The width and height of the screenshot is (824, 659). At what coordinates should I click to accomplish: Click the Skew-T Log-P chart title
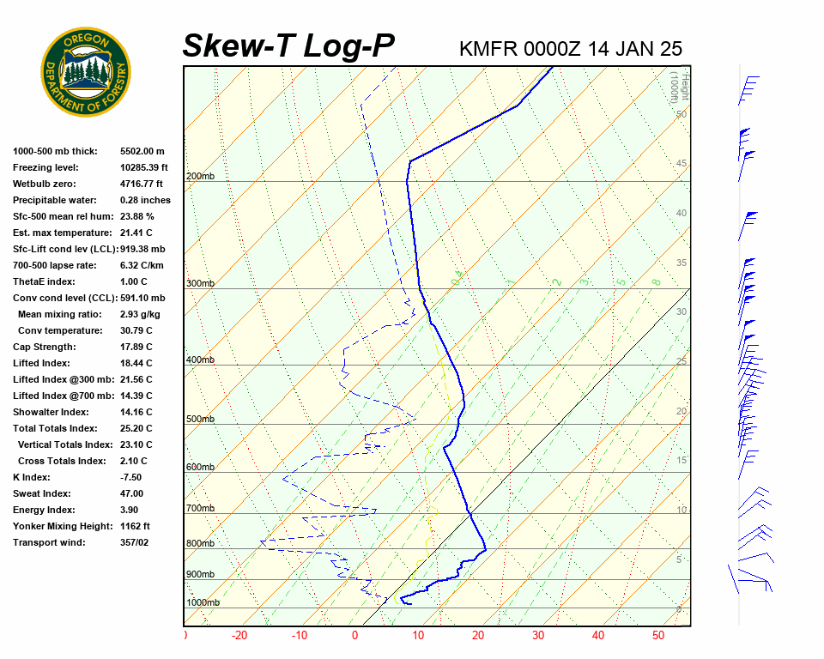click(x=288, y=46)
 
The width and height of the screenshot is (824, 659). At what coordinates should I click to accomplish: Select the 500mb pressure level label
click(x=200, y=419)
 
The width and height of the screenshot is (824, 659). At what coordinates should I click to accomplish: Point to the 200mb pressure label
click(x=200, y=176)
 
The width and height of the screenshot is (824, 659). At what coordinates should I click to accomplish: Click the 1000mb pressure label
click(x=203, y=602)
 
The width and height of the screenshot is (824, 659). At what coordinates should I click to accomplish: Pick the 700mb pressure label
click(x=200, y=509)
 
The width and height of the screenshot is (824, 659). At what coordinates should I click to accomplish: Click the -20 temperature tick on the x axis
click(x=239, y=636)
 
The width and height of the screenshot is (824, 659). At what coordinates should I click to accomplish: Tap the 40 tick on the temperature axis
click(x=598, y=636)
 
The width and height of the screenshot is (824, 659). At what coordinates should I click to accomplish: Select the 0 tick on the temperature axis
click(x=354, y=636)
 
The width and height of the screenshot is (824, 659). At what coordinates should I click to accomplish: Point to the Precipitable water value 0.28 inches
click(x=145, y=200)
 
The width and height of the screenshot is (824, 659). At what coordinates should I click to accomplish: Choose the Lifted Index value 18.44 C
click(x=136, y=363)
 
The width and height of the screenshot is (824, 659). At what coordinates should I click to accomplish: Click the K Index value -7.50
click(x=131, y=477)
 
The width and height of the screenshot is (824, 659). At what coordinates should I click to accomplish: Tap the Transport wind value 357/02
click(x=135, y=542)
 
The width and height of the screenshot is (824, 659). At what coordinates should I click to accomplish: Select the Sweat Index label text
click(x=42, y=493)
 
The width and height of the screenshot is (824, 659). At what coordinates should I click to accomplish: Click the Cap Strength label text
click(x=44, y=347)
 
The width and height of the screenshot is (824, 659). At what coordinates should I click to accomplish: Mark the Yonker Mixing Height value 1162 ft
click(x=135, y=526)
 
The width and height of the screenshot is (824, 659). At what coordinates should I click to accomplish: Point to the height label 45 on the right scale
click(x=682, y=164)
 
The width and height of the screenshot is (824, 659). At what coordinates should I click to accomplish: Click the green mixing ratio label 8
click(x=655, y=281)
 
